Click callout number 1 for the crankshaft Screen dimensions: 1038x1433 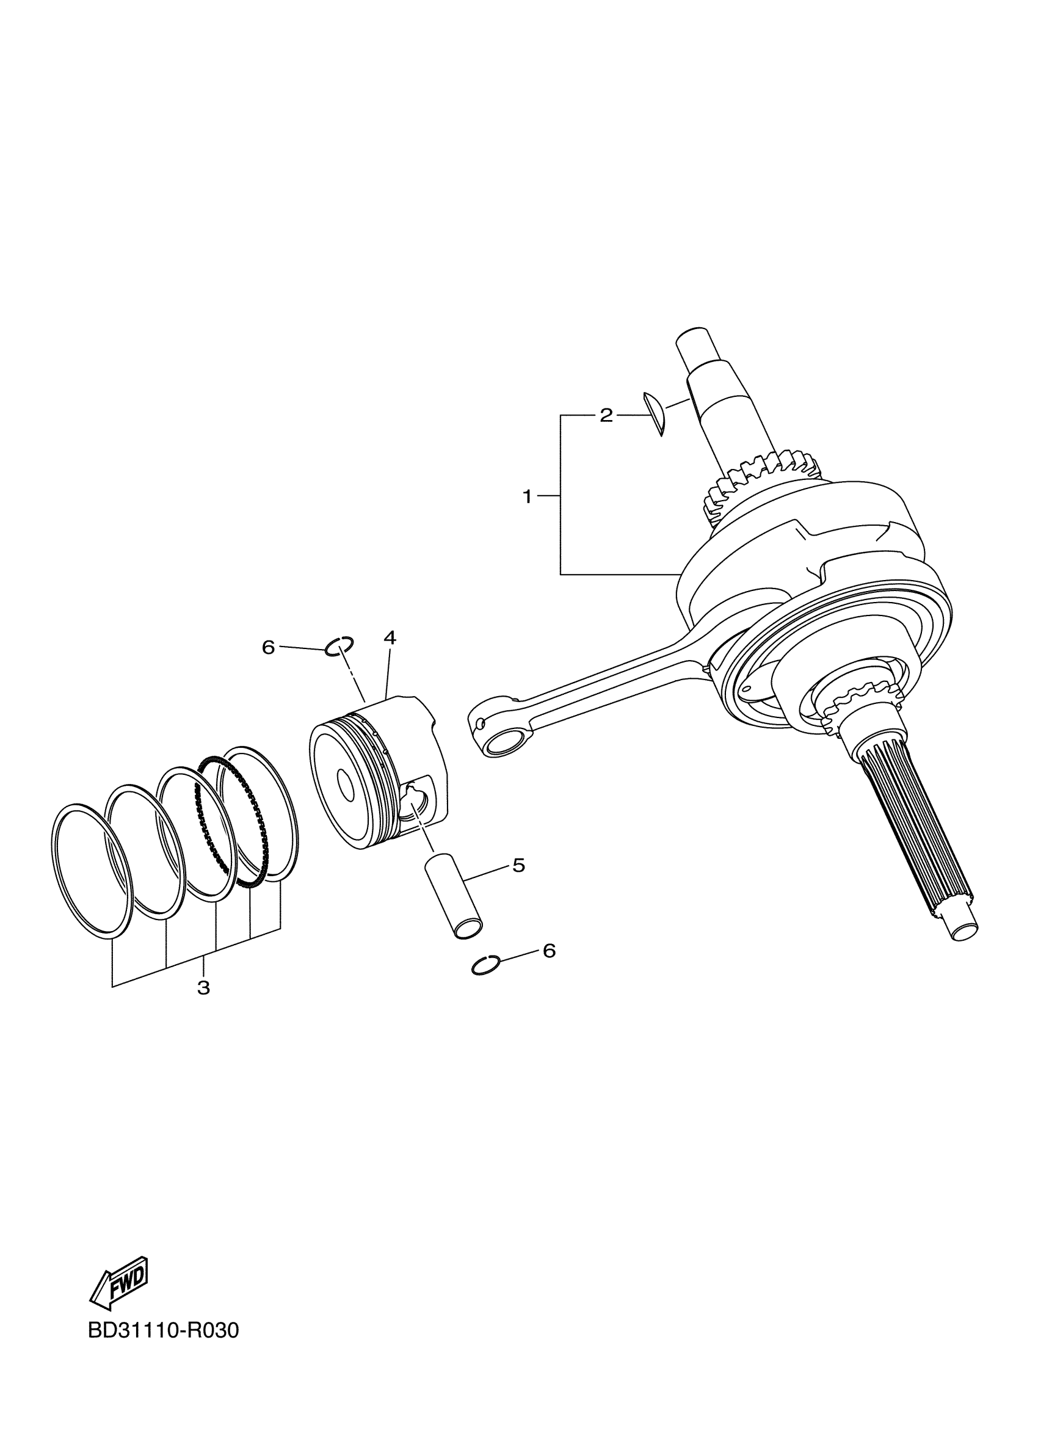pyautogui.click(x=528, y=496)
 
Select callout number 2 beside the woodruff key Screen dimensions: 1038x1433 pyautogui.click(x=606, y=415)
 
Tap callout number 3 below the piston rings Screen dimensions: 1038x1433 pyautogui.click(x=203, y=987)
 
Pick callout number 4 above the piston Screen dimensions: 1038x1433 pyautogui.click(x=390, y=638)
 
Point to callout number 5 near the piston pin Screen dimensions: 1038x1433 pyautogui.click(x=518, y=865)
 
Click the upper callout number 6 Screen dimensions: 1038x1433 pyautogui.click(x=269, y=647)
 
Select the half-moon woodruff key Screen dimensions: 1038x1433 pyautogui.click(x=655, y=414)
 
